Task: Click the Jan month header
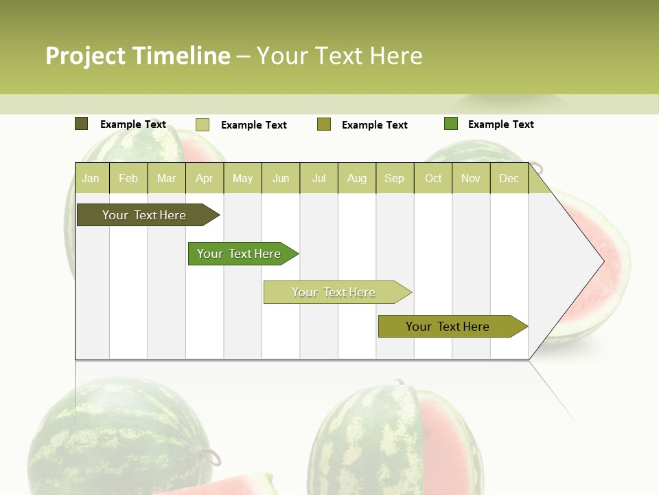91,178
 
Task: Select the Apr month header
204,178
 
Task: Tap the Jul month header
319,178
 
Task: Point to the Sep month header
394,178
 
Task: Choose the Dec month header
509,178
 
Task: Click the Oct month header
433,178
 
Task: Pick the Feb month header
128,178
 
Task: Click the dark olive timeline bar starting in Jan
144,215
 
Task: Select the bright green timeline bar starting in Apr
239,254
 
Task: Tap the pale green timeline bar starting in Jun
334,292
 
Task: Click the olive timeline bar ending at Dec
448,327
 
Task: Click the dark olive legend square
81,124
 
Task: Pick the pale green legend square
203,124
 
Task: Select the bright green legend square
451,124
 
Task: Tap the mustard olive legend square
324,124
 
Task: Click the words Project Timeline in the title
137,56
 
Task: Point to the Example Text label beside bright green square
500,124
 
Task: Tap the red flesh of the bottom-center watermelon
443,440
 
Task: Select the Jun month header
281,178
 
